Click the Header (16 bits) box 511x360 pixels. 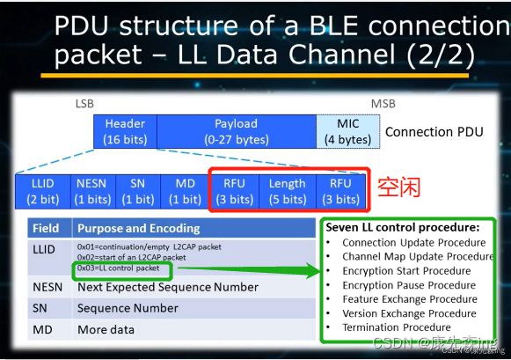(125, 131)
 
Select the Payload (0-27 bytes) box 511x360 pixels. (237, 131)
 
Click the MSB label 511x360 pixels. (383, 104)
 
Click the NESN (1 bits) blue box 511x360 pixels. (91, 191)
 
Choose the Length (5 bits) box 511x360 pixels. (287, 191)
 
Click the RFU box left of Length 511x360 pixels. (236, 191)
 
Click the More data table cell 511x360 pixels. (106, 329)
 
